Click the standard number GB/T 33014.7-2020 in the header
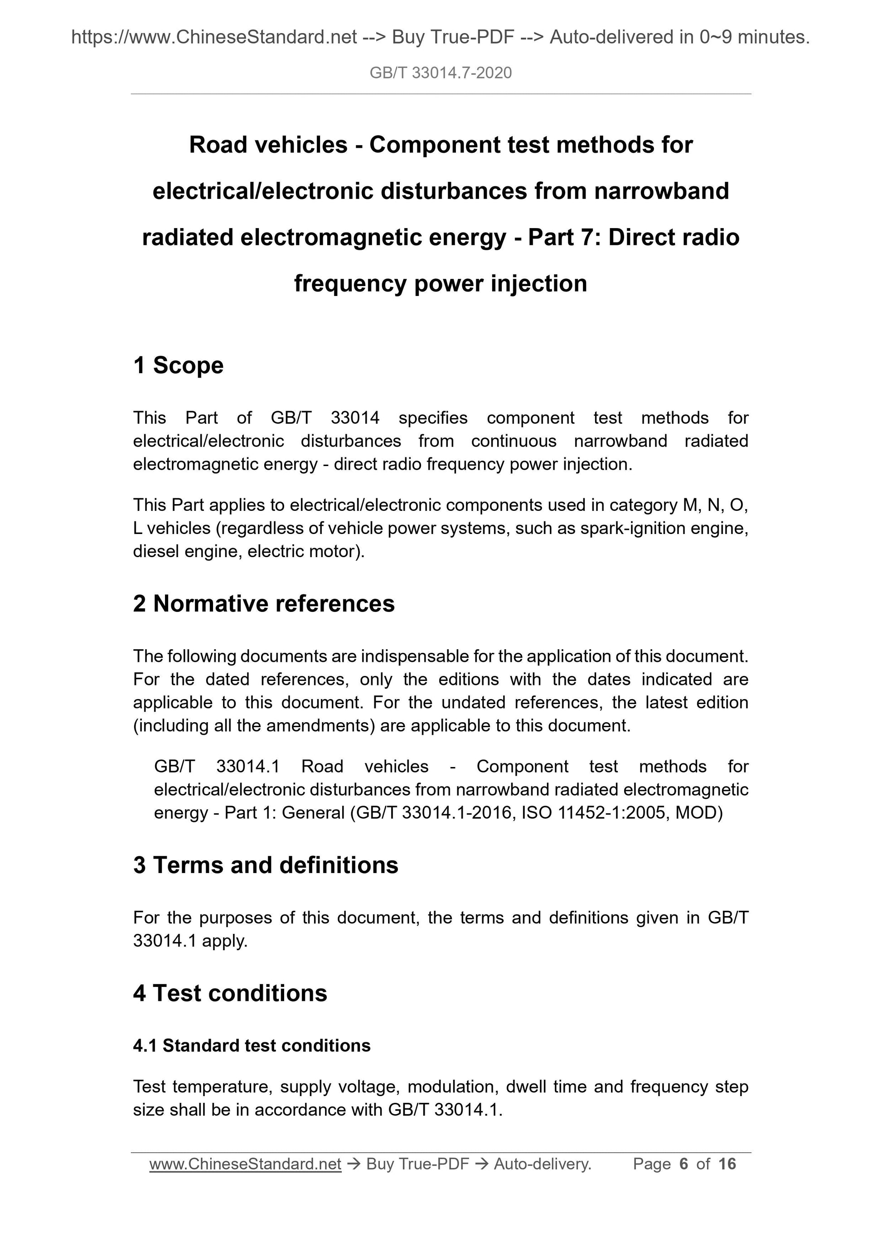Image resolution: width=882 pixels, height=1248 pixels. [440, 73]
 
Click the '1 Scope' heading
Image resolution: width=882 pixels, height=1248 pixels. [178, 365]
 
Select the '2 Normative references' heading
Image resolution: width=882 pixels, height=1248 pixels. [264, 604]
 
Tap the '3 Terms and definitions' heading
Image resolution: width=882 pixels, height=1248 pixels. [265, 865]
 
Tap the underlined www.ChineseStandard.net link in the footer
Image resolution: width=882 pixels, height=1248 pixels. [245, 1164]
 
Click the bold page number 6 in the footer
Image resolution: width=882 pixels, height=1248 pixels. [683, 1164]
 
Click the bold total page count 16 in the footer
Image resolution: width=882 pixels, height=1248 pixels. [727, 1164]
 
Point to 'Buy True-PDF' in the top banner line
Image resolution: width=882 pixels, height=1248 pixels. [453, 37]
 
